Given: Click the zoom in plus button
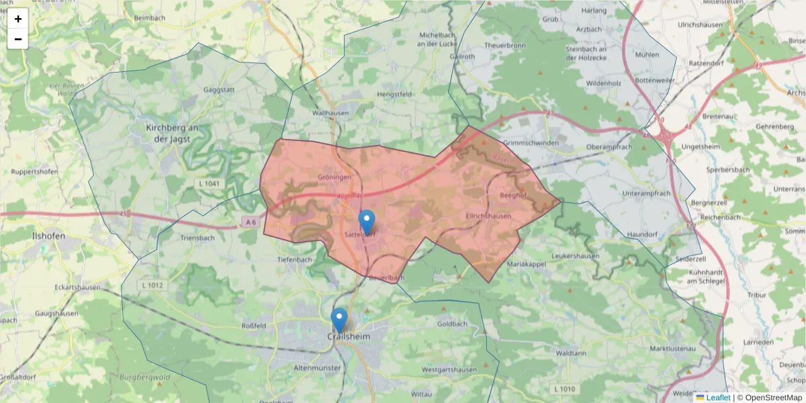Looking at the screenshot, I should (x=17, y=19).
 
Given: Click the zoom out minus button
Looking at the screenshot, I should (x=17, y=39).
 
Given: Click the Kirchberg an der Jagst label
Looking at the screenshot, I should (x=173, y=133).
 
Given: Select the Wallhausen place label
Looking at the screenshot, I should (x=331, y=114).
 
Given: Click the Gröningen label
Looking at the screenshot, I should (x=334, y=177).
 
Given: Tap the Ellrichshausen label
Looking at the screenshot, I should (x=488, y=216).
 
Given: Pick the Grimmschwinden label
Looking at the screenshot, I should (x=531, y=143).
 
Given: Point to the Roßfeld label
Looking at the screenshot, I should (x=254, y=326).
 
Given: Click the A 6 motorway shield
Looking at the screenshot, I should (x=250, y=222).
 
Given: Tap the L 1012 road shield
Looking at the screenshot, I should (x=153, y=285).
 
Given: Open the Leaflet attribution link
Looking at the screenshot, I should (x=717, y=398).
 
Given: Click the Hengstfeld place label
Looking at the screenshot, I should (x=395, y=95).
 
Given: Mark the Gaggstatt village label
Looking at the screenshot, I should (x=218, y=89).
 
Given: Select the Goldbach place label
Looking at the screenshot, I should (x=451, y=324).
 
